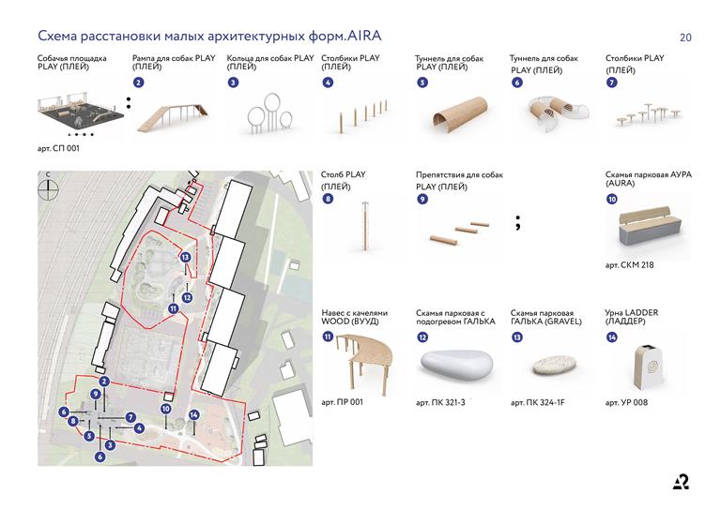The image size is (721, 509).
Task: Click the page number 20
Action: (685, 37)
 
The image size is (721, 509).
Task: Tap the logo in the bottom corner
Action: (681, 482)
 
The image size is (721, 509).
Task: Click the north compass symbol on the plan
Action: (48, 187)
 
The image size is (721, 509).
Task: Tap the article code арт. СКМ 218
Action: (630, 264)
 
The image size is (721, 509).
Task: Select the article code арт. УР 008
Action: (626, 402)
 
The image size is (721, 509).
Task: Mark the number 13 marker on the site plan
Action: (186, 257)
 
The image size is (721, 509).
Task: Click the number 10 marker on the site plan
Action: (165, 409)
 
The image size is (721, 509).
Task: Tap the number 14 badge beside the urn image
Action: (612, 337)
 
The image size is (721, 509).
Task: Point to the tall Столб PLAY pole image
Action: (363, 227)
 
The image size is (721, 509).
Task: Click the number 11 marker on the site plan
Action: (174, 308)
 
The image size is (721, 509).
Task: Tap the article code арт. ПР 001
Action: (342, 402)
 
